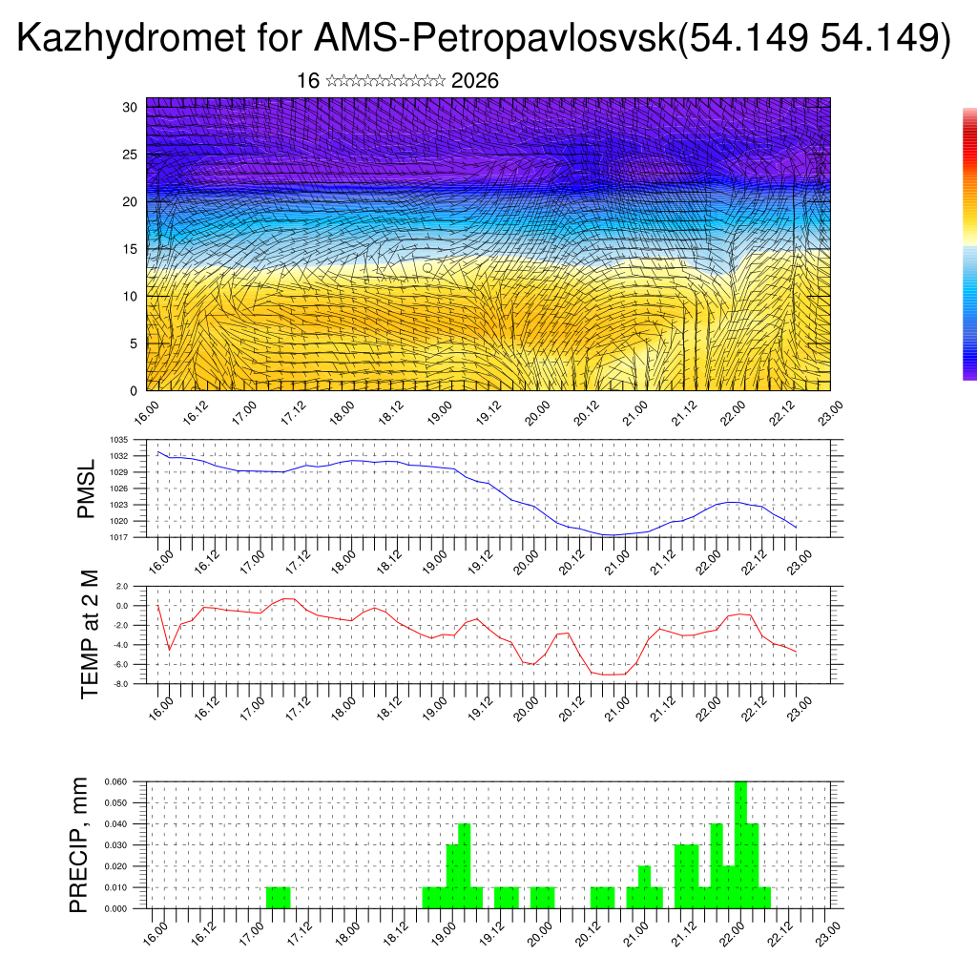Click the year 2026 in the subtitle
click(474, 81)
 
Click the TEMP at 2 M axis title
click(90, 634)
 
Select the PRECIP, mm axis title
click(79, 844)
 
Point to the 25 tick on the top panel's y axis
click(131, 155)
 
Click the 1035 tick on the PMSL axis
click(118, 440)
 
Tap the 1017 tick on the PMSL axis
click(118, 537)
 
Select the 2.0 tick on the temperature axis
click(121, 586)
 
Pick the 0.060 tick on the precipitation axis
click(115, 781)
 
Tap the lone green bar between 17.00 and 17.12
click(278, 898)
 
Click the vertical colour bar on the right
click(969, 243)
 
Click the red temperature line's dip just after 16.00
click(170, 649)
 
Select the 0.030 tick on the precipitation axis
click(115, 844)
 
